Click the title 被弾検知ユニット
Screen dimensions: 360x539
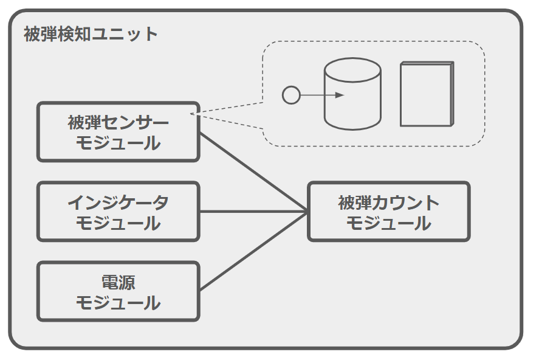point(91,34)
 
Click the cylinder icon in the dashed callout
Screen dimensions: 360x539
point(353,94)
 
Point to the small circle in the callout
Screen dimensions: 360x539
point(292,95)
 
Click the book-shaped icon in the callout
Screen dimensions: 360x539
point(427,94)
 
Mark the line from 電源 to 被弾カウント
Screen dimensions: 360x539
point(252,251)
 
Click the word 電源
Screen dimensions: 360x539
point(118,282)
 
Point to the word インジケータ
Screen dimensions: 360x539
point(118,202)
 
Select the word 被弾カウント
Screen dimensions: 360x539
point(389,202)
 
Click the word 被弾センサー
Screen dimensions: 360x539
point(118,123)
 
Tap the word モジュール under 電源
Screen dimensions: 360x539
point(118,302)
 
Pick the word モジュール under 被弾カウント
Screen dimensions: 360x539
point(389,223)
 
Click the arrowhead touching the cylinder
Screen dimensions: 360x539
point(340,95)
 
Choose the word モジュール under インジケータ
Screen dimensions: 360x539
point(118,223)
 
